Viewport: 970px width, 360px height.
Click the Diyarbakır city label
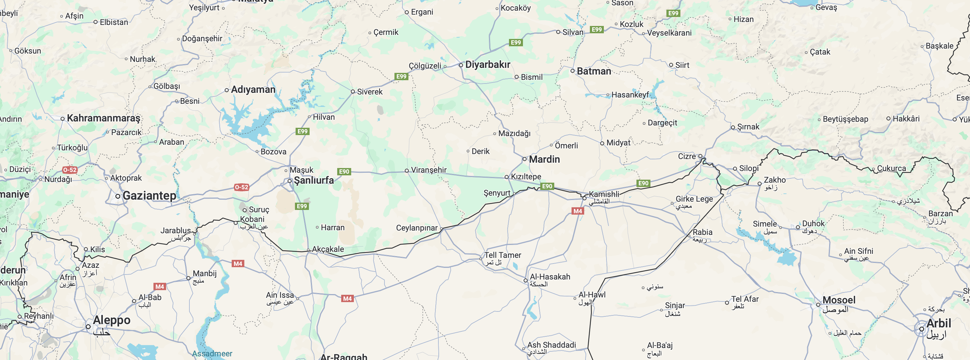[487, 65]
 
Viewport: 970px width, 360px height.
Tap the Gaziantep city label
[149, 195]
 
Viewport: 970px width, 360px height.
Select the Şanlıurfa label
[314, 180]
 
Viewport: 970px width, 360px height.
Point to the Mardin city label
[544, 159]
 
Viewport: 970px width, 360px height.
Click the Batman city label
[594, 71]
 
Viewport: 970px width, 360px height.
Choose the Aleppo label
[112, 320]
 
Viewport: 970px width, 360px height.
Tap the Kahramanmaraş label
[103, 118]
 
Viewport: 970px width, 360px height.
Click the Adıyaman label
[253, 90]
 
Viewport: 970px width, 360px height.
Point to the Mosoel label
[839, 300]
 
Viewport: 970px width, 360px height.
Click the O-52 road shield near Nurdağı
[70, 170]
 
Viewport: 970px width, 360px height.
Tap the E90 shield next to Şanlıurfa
[344, 172]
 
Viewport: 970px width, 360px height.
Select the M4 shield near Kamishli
[578, 211]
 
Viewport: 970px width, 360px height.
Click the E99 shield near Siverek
[401, 77]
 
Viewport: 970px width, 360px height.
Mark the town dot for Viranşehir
[407, 171]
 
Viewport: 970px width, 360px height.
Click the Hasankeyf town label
[630, 95]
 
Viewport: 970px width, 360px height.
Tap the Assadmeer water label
[212, 354]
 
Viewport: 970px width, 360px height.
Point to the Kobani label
[252, 219]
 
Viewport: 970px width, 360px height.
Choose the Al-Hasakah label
[550, 277]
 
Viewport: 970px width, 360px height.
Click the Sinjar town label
[675, 305]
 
